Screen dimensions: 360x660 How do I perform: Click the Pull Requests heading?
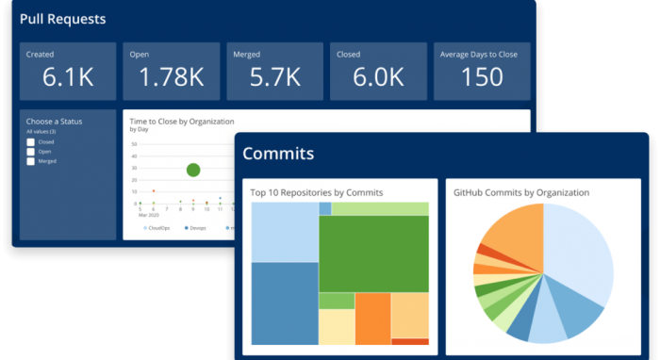(x=63, y=19)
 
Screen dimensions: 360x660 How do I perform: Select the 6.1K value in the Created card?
(x=68, y=77)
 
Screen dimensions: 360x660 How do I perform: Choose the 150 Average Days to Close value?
(x=482, y=77)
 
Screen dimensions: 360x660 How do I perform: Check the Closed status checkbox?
(x=31, y=141)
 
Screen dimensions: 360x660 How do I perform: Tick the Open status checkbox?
(x=31, y=152)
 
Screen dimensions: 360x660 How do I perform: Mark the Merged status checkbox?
(x=31, y=162)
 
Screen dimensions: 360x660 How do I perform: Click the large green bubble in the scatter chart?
(x=193, y=170)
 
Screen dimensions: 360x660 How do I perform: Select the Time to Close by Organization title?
(x=181, y=122)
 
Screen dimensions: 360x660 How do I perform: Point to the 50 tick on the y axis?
(x=134, y=144)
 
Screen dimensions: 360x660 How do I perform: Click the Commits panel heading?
(x=278, y=154)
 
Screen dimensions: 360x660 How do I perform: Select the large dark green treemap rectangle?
(x=373, y=253)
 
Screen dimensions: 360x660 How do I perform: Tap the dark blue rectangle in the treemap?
(x=284, y=303)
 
